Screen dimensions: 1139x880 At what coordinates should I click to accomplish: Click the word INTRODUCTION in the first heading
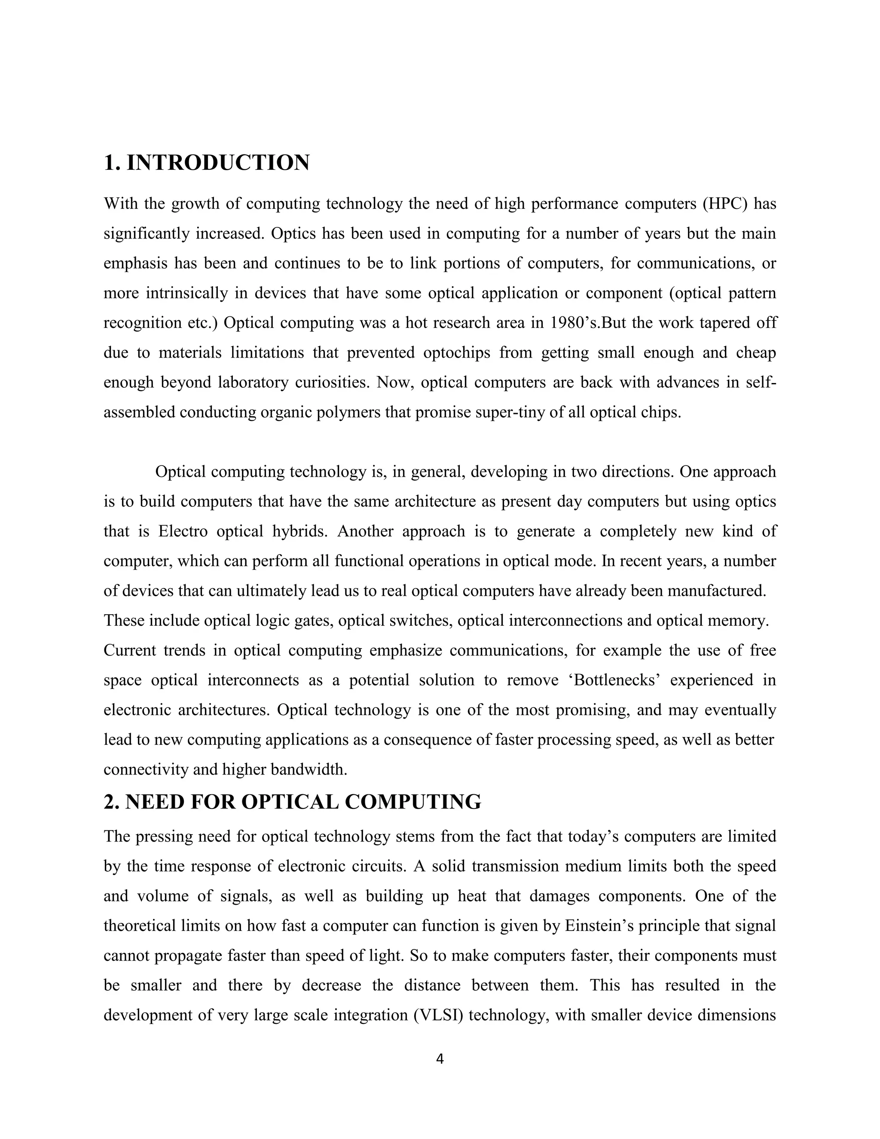pyautogui.click(x=218, y=163)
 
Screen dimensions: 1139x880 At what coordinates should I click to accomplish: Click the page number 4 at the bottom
pyautogui.click(x=440, y=1059)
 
